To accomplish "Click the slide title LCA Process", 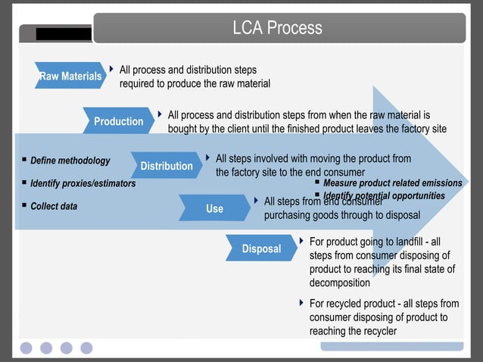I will [x=277, y=28].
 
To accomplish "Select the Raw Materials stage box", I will [x=70, y=76].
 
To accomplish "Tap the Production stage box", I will [x=118, y=121].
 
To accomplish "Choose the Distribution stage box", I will [x=167, y=166].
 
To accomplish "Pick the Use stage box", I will [x=214, y=208].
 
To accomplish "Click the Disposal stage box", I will [x=261, y=248].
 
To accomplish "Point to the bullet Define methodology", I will [x=70, y=161].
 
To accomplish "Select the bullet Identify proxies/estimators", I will [x=83, y=183].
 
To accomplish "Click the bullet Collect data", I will [x=54, y=206].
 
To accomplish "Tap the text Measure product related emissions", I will [x=392, y=183].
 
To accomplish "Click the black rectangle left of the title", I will [x=64, y=34].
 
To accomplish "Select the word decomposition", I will [x=339, y=282].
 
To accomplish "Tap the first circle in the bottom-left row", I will [x=26, y=348].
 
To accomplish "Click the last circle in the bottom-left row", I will [x=86, y=348].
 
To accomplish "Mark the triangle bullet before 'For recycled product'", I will [x=302, y=304].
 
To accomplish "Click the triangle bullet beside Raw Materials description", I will [x=112, y=70].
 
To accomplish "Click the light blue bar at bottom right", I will [x=391, y=346].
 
